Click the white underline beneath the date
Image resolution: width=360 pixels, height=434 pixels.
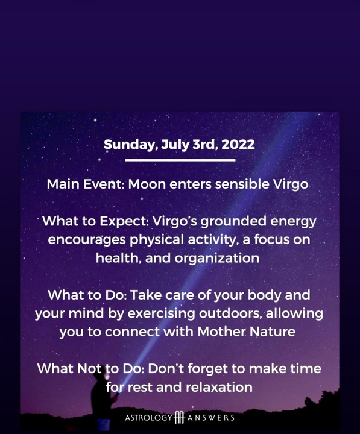tap(180, 160)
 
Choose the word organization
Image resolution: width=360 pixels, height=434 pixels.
tap(217, 259)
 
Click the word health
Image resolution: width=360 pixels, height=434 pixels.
tap(118, 258)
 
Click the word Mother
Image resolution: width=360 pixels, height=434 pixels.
tap(222, 332)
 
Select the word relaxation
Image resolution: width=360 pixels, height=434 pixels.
tap(219, 387)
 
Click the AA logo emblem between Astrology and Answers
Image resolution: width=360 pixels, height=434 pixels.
tap(180, 417)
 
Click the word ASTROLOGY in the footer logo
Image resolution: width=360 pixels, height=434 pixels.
tap(149, 418)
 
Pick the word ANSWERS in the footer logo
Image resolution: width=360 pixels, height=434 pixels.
tap(210, 418)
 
